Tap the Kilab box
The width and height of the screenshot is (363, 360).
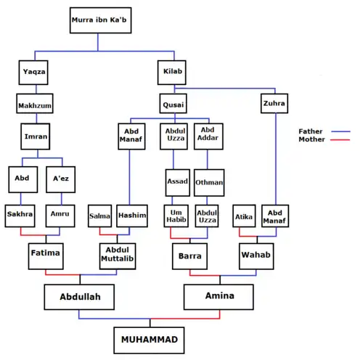pos(174,73)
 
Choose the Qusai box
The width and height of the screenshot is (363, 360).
pos(174,105)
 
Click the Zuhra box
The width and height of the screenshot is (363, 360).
pos(274,105)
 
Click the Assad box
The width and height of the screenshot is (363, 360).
pos(177,182)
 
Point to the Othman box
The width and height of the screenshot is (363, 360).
pos(209,182)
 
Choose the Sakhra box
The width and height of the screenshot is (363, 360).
pos(20,216)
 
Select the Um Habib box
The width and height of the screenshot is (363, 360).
pos(178,216)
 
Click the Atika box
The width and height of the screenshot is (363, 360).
pos(244,216)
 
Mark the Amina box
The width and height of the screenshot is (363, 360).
pos(219,297)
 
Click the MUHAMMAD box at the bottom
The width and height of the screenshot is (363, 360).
pos(149,339)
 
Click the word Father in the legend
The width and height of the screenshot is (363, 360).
pos(310,131)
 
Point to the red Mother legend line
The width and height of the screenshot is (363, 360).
pos(340,140)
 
